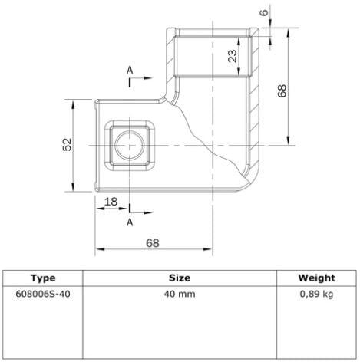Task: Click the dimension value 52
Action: (68, 145)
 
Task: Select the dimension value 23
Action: (233, 56)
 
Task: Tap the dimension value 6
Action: (264, 12)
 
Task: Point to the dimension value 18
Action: (111, 202)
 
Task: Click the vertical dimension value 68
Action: (282, 90)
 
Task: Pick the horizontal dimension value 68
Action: (153, 243)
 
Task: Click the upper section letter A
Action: (130, 70)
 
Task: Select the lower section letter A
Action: (130, 222)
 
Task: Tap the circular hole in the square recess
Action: (130, 145)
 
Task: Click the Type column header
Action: (43, 278)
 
